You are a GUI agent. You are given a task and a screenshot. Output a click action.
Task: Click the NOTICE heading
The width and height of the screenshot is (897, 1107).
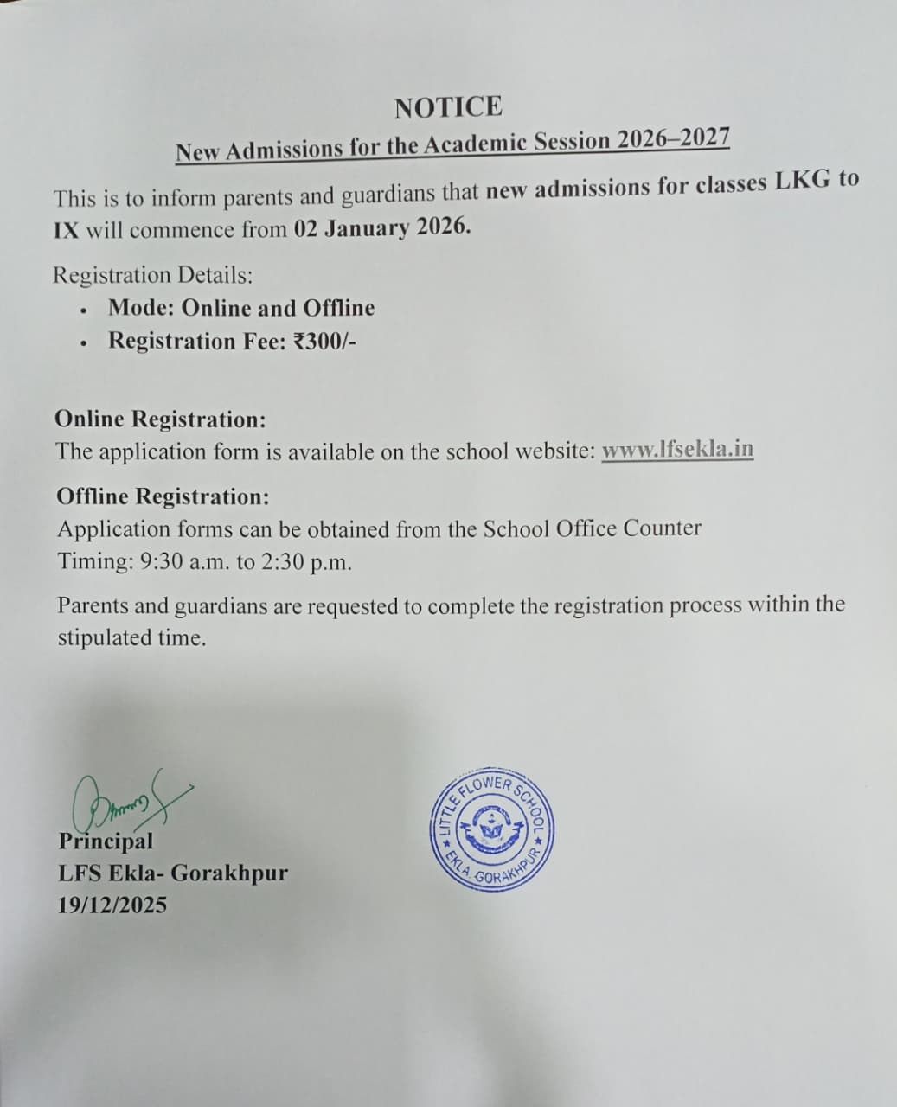[x=447, y=107]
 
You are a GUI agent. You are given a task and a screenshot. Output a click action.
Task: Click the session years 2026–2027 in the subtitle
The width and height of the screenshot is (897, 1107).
[x=673, y=140]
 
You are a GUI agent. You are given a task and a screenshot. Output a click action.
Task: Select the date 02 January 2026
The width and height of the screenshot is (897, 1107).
[x=382, y=227]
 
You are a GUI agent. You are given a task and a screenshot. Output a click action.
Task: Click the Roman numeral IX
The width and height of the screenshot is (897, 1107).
[x=67, y=232]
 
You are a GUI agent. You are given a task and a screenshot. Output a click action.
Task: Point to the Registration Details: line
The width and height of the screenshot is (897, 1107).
[x=153, y=275]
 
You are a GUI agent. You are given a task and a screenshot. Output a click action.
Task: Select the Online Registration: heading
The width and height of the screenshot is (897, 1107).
[x=160, y=419]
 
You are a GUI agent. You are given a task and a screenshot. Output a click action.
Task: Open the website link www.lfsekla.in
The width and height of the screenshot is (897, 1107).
[x=677, y=450]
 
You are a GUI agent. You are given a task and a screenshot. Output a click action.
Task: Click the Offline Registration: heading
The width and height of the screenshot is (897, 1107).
[x=163, y=496]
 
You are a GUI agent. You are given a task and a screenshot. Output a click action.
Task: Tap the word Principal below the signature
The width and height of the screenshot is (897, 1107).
[x=106, y=841]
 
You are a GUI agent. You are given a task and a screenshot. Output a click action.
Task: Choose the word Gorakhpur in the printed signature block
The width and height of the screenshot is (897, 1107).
[x=229, y=873]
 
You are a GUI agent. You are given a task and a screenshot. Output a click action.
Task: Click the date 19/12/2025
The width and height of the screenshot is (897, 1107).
[x=112, y=905]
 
